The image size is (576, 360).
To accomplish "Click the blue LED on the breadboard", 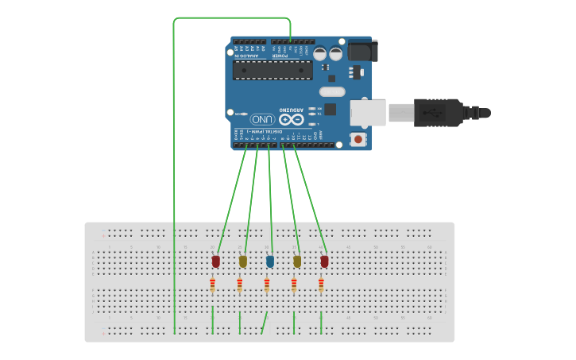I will (x=270, y=261).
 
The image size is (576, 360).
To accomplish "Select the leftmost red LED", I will (x=216, y=261).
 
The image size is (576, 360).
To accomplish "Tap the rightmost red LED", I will (x=324, y=261).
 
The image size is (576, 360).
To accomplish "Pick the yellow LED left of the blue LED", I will (x=243, y=261).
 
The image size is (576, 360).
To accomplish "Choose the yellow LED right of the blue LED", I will (x=297, y=261).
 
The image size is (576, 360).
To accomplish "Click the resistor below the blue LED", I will (x=267, y=285).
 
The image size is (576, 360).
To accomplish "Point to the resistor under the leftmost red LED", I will (x=213, y=285).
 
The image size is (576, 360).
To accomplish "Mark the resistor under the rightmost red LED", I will (x=321, y=285).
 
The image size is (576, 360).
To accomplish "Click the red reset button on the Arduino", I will (x=358, y=140).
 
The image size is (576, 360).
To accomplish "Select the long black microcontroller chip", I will (x=272, y=71).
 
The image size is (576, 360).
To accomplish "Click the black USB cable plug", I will (x=437, y=112).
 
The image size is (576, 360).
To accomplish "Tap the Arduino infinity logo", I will (x=291, y=119).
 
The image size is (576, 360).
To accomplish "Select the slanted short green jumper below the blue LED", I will (x=265, y=322).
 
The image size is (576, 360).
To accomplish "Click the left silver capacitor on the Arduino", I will (x=319, y=54).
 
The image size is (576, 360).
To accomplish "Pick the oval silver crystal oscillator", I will (x=332, y=91).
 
